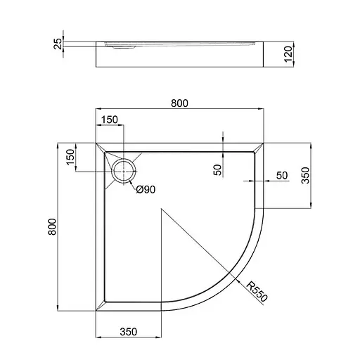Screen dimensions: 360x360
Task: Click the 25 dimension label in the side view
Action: coord(58,44)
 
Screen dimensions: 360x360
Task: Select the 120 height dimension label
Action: coord(288,54)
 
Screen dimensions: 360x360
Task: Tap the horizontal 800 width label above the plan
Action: coord(179,103)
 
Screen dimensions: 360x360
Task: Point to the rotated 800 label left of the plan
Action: coord(52,226)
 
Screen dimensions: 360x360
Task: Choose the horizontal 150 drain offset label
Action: coord(110,120)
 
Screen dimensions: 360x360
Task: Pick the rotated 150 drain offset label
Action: coord(70,157)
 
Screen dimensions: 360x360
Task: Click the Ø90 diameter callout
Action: coord(146,189)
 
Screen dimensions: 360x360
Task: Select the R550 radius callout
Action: coord(257,292)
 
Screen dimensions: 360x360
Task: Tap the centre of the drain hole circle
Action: coord(124,172)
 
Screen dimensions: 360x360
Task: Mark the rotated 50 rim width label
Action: coord(217,170)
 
